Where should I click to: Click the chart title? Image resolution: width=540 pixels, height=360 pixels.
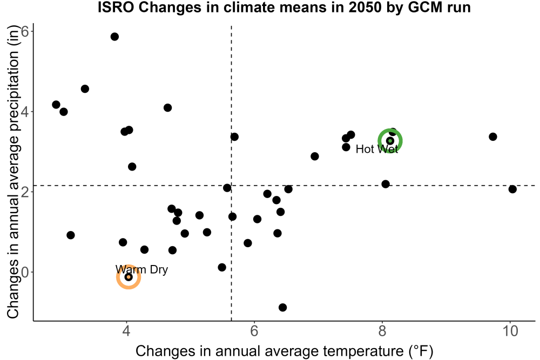pyautogui.click(x=284, y=8)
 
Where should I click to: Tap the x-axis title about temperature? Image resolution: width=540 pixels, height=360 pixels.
pyautogui.click(x=284, y=351)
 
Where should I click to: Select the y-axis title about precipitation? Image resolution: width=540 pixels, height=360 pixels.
pyautogui.click(x=13, y=172)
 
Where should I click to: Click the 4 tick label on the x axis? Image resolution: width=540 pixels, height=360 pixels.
pyautogui.click(x=127, y=331)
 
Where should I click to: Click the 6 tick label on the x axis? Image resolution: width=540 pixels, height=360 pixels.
pyautogui.click(x=254, y=331)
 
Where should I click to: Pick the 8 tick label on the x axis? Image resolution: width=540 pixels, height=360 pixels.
pyautogui.click(x=382, y=331)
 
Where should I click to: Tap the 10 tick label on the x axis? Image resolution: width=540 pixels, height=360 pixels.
pyautogui.click(x=510, y=331)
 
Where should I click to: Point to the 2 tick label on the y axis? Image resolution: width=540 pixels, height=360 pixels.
pyautogui.click(x=25, y=192)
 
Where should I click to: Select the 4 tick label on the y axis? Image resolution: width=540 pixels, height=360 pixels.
pyautogui.click(x=25, y=112)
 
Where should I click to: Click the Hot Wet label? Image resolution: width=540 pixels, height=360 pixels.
pyautogui.click(x=377, y=149)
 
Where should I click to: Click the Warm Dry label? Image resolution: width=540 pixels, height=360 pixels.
pyautogui.click(x=141, y=269)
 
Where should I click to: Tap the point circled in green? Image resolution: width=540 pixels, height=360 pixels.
pyautogui.click(x=390, y=141)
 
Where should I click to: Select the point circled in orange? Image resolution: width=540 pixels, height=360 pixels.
pyautogui.click(x=129, y=277)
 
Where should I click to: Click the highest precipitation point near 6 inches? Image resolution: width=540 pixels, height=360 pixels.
pyautogui.click(x=114, y=37)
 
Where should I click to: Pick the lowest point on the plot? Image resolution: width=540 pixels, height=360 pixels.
pyautogui.click(x=282, y=307)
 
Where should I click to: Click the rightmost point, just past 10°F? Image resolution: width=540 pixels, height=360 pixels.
pyautogui.click(x=512, y=189)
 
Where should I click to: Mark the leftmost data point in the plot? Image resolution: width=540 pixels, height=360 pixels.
pyautogui.click(x=56, y=105)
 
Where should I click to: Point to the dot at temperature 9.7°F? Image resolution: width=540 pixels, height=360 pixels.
pyautogui.click(x=493, y=137)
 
